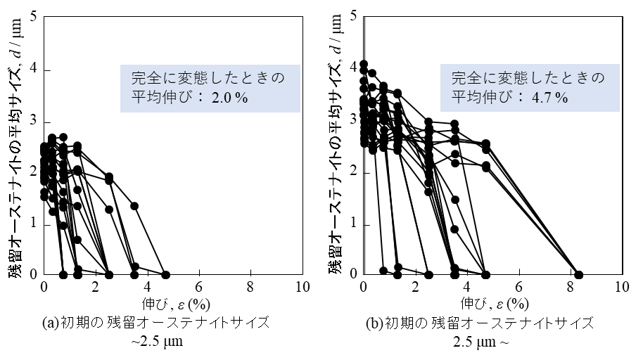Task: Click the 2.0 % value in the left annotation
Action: pyautogui.click(x=229, y=98)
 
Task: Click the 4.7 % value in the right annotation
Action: pyautogui.click(x=550, y=98)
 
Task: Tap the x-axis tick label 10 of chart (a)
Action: pyautogui.click(x=303, y=287)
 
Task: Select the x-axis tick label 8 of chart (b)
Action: pyautogui.click(x=571, y=287)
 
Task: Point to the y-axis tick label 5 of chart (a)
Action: pyautogui.click(x=34, y=16)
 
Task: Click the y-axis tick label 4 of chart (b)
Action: pyautogui.click(x=353, y=67)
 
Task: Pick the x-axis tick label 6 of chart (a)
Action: pyautogui.click(x=199, y=287)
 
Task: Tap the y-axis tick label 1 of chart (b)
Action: pyautogui.click(x=353, y=224)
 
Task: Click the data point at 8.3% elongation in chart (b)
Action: pyautogui.click(x=578, y=274)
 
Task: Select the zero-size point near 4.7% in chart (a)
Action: pyautogui.click(x=165, y=274)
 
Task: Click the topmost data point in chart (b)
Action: pyautogui.click(x=363, y=64)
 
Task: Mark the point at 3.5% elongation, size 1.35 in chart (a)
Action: pyautogui.click(x=134, y=206)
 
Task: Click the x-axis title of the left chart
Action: pyautogui.click(x=176, y=304)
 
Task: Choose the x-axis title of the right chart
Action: pyautogui.click(x=495, y=304)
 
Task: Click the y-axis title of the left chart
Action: pyautogui.click(x=15, y=147)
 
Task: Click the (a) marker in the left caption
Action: pyautogui.click(x=51, y=323)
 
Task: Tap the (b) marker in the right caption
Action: pyautogui.click(x=374, y=323)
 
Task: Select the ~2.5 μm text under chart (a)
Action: pyautogui.click(x=157, y=341)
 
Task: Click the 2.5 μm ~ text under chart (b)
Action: pyautogui.click(x=480, y=341)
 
